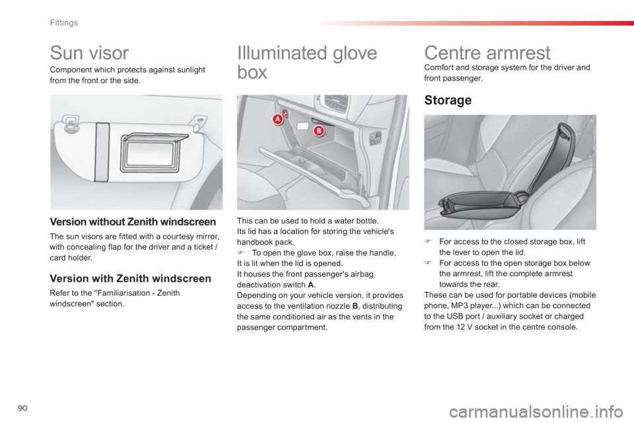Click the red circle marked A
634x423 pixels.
pos(278,119)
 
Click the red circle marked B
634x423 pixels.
pos(318,131)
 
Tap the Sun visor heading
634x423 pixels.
pos(89,53)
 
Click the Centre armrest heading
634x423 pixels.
pos(487,53)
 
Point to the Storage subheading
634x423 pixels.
pos(448,100)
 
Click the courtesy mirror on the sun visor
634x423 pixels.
pos(152,153)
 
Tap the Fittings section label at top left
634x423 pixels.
pos(65,22)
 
